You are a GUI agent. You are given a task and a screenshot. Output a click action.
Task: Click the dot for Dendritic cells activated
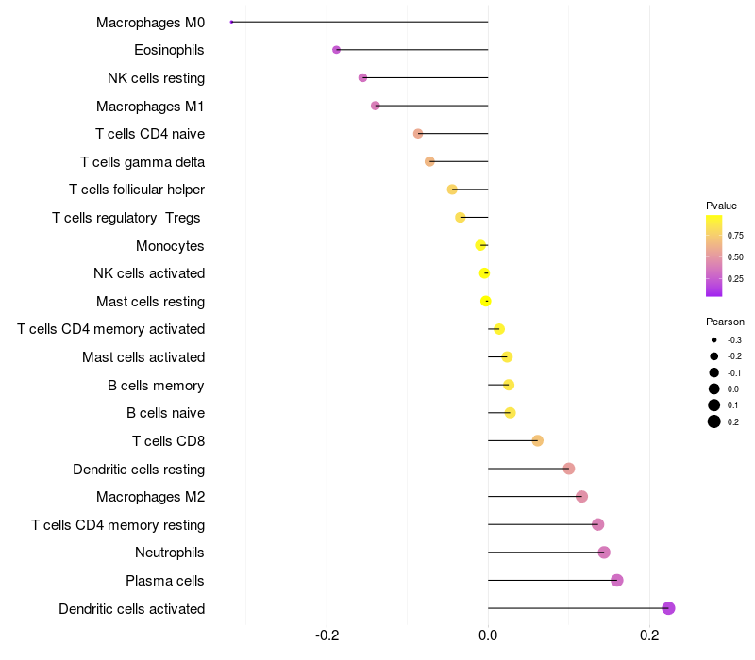pos(668,608)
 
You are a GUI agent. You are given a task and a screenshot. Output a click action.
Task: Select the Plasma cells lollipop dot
pos(617,580)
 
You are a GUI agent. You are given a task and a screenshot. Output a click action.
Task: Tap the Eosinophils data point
pos(336,50)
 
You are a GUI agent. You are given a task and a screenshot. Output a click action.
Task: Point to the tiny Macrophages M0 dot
pos(231,22)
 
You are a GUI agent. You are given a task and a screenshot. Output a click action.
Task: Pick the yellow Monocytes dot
pos(480,245)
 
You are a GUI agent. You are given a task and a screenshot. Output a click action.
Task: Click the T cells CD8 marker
pos(537,440)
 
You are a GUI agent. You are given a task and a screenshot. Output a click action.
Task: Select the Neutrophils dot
pos(604,553)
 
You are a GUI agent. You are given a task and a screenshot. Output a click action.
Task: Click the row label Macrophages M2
pos(150,497)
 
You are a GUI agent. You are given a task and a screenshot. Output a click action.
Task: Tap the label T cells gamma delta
pos(143,162)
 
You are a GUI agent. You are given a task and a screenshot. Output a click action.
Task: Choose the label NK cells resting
pos(156,78)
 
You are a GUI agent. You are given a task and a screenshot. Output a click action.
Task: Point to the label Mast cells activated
pos(143,357)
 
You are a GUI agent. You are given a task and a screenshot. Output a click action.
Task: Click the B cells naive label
pos(165,413)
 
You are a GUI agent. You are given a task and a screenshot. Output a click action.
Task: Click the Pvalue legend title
pos(721,206)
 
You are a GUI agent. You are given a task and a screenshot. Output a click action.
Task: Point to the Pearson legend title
pos(725,322)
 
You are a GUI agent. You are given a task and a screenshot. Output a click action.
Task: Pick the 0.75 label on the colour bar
pos(735,235)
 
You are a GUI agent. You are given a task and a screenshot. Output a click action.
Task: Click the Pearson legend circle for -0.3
pos(714,339)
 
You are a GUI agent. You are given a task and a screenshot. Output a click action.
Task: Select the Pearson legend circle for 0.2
pos(714,421)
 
